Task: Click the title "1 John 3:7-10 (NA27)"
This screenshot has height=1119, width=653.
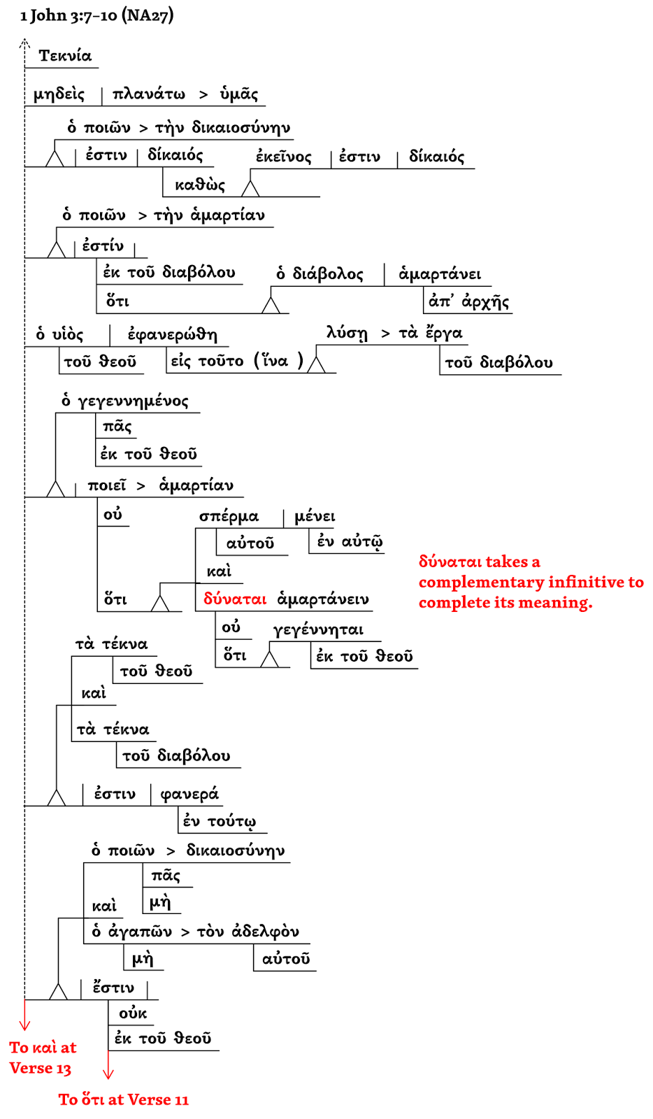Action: coord(96,15)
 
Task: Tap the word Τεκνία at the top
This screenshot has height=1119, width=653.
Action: coord(65,56)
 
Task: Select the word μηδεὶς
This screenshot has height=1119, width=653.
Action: coord(59,94)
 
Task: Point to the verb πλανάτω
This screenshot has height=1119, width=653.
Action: coord(149,94)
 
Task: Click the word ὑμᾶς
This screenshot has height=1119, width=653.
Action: coord(239,94)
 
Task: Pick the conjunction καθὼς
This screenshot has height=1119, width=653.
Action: coord(200,185)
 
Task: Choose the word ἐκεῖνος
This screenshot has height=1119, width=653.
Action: coord(283,157)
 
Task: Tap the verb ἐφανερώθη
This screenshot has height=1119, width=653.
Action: coord(172,335)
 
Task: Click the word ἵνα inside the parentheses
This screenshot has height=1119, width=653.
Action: coord(274,361)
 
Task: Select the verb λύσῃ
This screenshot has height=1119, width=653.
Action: coord(347,333)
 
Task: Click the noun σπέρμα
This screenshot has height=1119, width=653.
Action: coord(229,517)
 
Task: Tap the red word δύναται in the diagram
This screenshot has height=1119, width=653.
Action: coord(235,599)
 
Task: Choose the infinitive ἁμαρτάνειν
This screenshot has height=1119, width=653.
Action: coord(323,599)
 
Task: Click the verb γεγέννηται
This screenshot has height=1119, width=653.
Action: coord(318,630)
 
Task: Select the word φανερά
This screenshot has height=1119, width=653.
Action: coord(189,794)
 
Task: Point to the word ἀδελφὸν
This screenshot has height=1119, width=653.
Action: coord(266,932)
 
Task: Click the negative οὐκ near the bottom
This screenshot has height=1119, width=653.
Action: coord(133,1013)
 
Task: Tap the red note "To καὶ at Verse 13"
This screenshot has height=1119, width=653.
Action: coord(42,1057)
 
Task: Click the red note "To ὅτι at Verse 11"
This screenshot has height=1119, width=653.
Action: coord(124,1099)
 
